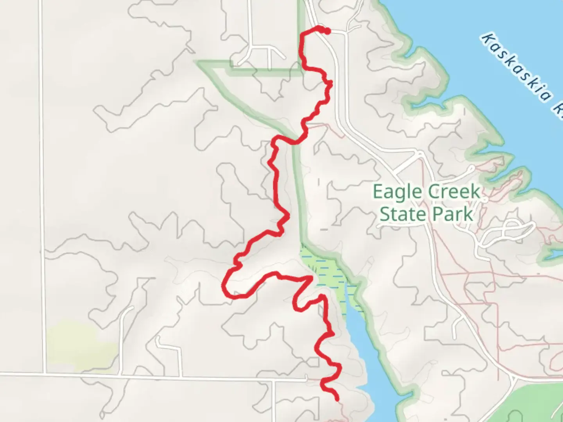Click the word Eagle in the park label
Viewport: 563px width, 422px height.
[397, 192]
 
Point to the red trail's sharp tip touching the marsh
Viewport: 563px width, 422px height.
[311, 277]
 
